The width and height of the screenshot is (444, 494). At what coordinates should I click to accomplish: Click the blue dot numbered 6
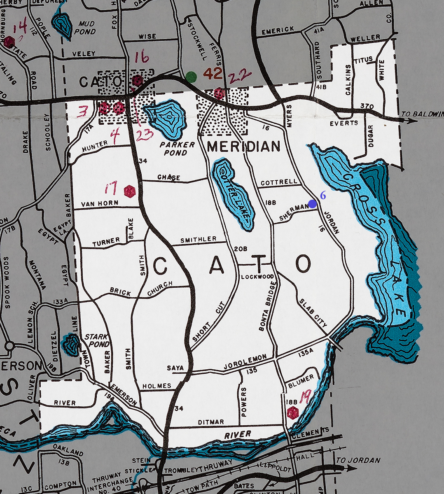point(312,203)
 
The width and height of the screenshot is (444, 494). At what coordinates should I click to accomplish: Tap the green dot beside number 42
point(191,77)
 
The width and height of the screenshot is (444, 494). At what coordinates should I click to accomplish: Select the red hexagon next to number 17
point(129,191)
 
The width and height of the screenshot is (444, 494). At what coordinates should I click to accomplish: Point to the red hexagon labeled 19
point(292,412)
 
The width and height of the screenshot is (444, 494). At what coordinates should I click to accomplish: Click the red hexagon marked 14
point(9,41)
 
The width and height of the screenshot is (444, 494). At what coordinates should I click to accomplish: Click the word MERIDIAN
point(243,146)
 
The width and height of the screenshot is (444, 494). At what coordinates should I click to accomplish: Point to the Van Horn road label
point(100,203)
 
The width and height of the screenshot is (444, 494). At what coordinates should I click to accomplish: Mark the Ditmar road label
point(211,422)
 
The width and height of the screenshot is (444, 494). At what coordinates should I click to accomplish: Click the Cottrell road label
point(279,182)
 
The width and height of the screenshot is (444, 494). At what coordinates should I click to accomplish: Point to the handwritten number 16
point(141,58)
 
